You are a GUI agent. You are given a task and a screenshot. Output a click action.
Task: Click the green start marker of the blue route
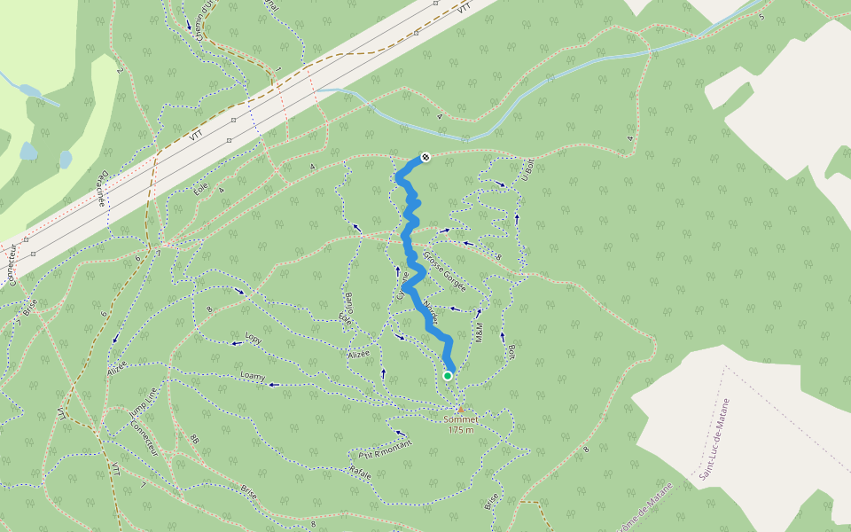[x=448, y=376]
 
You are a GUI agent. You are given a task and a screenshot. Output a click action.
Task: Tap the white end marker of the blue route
[x=425, y=157]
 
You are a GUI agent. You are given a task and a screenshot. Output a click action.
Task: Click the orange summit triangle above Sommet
[x=460, y=409]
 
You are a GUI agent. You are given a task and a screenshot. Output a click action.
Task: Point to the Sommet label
[x=460, y=419]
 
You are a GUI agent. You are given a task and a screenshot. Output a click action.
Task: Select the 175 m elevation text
[x=460, y=430]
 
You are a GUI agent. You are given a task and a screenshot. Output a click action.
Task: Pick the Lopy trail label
[x=254, y=339]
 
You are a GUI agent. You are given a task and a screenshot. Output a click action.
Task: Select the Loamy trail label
[x=253, y=376]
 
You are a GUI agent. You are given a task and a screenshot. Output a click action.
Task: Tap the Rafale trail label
[x=360, y=470]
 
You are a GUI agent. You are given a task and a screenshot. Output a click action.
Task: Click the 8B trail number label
[x=194, y=440]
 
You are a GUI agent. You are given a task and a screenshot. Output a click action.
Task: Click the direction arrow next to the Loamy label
[x=274, y=385]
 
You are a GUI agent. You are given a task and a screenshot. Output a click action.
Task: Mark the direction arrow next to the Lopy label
[x=236, y=344]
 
